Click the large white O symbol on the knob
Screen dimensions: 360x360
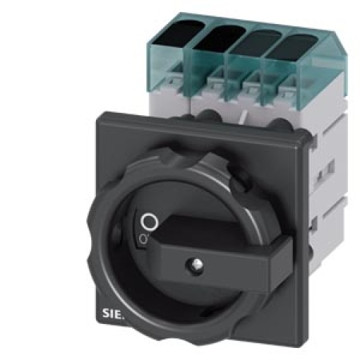148,223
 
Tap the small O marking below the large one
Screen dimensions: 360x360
143,240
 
